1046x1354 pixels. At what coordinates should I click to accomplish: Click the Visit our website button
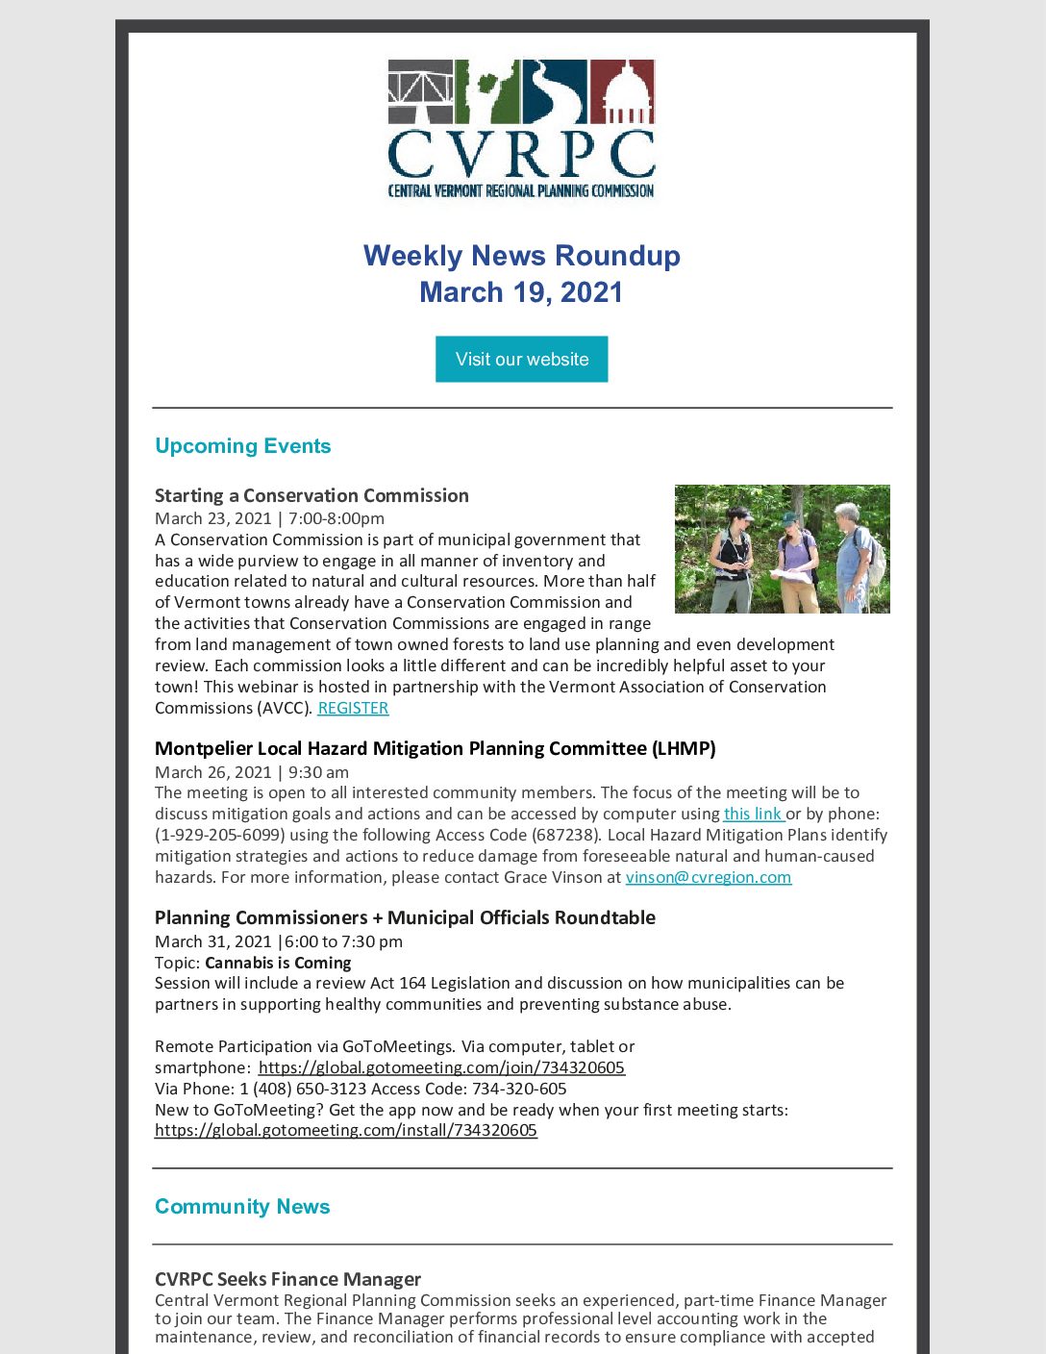521,359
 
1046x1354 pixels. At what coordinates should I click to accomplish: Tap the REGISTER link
353,708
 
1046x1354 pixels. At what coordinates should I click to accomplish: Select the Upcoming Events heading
242,446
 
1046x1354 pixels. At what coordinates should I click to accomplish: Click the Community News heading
242,1207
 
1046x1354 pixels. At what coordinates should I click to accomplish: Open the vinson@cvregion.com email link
709,877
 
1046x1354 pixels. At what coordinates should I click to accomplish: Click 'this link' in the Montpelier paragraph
753,814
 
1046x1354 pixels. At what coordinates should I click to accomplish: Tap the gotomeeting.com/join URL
441,1067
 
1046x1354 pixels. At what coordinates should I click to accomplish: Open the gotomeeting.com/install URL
346,1130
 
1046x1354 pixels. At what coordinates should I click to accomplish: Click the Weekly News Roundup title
521,256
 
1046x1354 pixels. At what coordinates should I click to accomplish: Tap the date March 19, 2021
521,292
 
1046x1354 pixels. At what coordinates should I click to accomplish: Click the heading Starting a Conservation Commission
311,495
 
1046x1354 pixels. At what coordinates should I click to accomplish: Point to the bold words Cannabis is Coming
278,963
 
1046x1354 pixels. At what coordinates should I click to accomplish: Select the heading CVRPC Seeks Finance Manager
287,1279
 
